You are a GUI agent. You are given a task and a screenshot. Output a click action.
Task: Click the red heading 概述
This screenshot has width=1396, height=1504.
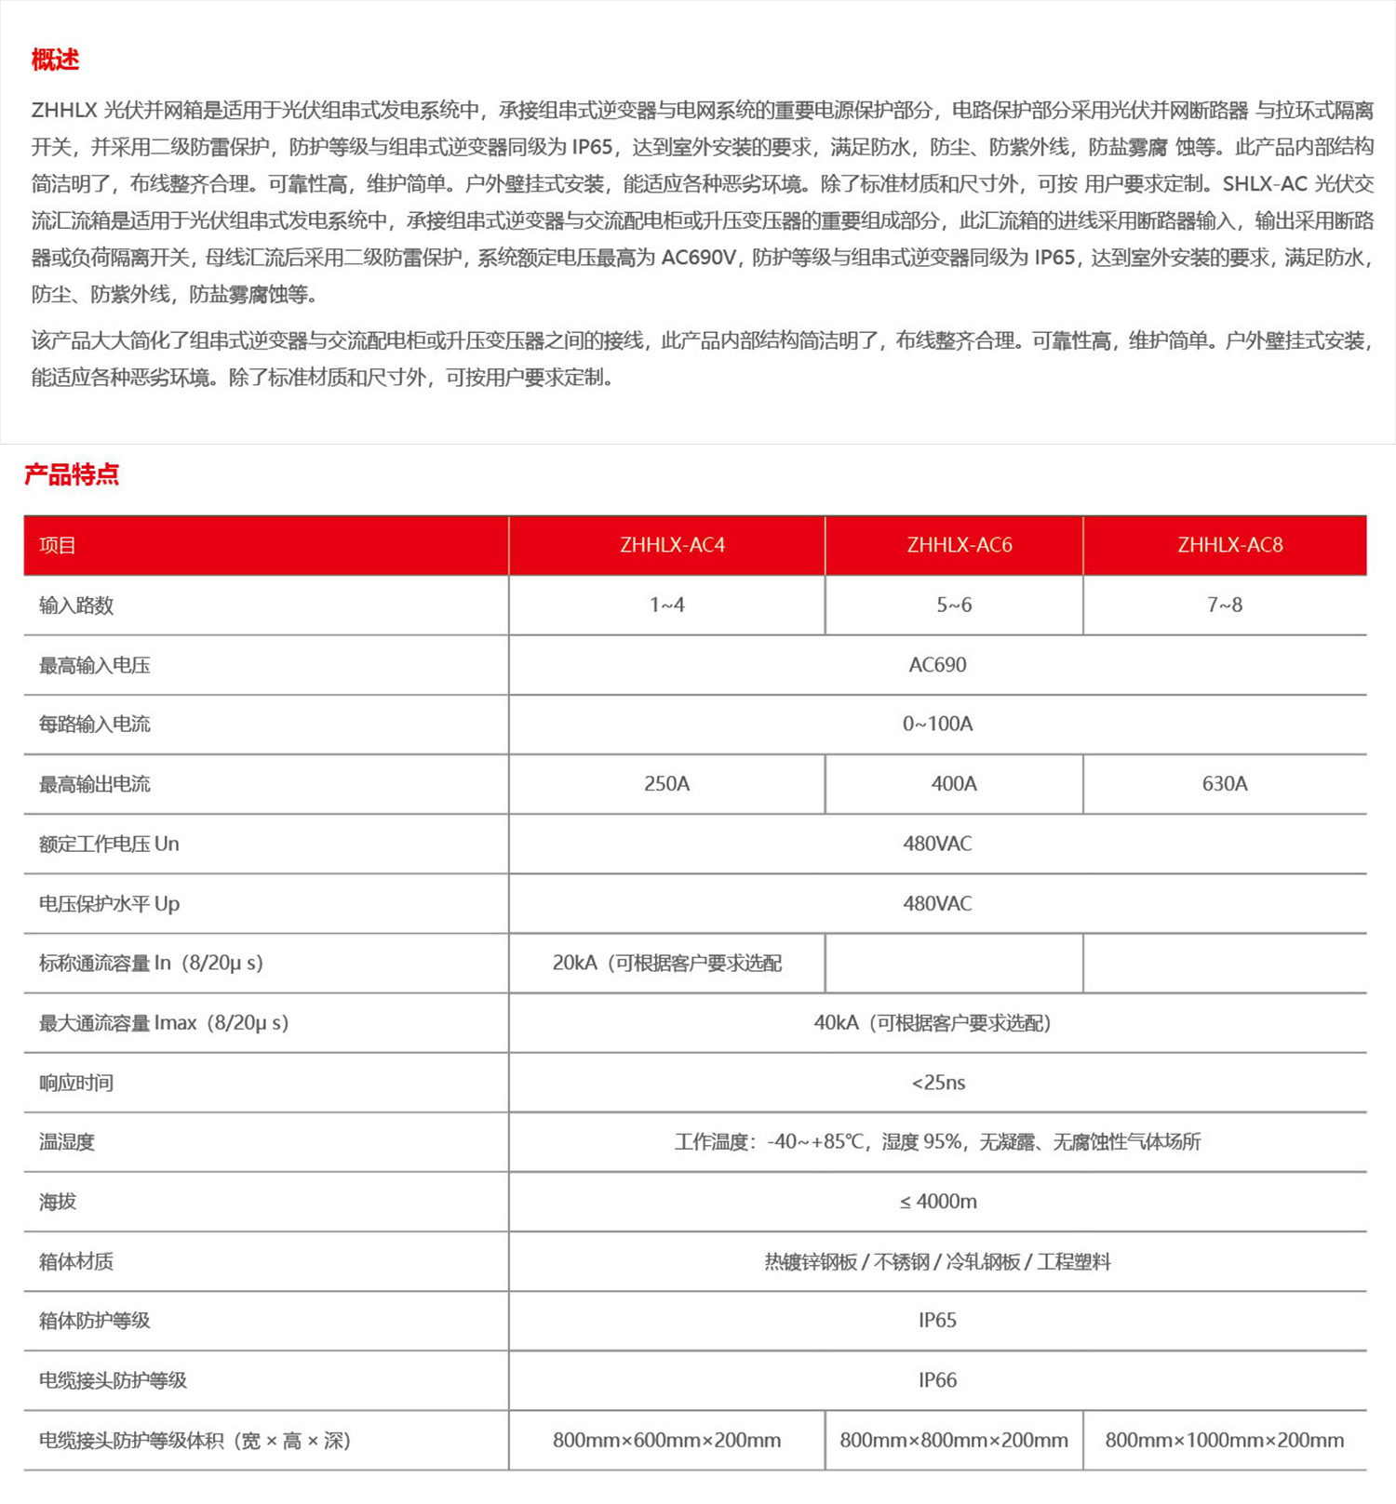pos(55,60)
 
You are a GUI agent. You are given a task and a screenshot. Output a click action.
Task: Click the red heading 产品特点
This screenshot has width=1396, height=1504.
pos(72,474)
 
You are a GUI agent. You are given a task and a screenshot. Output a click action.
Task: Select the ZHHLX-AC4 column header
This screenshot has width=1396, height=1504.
pos(672,545)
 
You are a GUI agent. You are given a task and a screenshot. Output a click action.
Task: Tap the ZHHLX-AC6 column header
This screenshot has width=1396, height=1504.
pos(960,545)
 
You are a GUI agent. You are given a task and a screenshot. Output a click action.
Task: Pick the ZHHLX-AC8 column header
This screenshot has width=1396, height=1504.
pos(1229,545)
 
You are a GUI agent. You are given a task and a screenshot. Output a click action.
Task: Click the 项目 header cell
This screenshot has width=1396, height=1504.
pos(58,546)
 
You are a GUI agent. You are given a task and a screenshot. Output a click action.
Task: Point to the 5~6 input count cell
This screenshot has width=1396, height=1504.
pos(954,605)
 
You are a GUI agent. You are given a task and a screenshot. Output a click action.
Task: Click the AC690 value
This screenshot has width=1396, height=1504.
pos(937,665)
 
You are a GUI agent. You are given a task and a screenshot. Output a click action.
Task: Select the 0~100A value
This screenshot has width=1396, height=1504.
pos(937,724)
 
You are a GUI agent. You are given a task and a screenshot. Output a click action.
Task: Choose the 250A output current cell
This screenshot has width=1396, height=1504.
pos(666,784)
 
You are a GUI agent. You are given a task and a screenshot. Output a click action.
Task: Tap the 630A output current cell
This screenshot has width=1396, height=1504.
pos(1225,784)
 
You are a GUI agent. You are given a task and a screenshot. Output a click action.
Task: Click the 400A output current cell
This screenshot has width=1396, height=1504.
pos(954,784)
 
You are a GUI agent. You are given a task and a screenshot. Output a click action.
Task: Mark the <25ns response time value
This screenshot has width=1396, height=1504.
pos(938,1083)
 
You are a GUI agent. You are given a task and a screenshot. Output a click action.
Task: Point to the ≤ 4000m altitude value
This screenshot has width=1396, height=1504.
pos(938,1202)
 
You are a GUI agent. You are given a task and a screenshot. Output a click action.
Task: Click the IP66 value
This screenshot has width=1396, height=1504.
pos(937,1380)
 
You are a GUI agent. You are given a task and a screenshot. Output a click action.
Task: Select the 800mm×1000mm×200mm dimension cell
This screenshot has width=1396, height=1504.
pos(1225,1440)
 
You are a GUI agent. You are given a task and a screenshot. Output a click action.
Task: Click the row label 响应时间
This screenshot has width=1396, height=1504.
pos(76,1083)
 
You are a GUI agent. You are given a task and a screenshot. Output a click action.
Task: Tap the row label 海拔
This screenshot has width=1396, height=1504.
pos(58,1202)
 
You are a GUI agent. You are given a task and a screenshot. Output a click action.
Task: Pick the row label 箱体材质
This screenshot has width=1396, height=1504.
pos(76,1262)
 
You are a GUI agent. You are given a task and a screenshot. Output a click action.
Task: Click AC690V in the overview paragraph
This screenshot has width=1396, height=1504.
pos(699,258)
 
